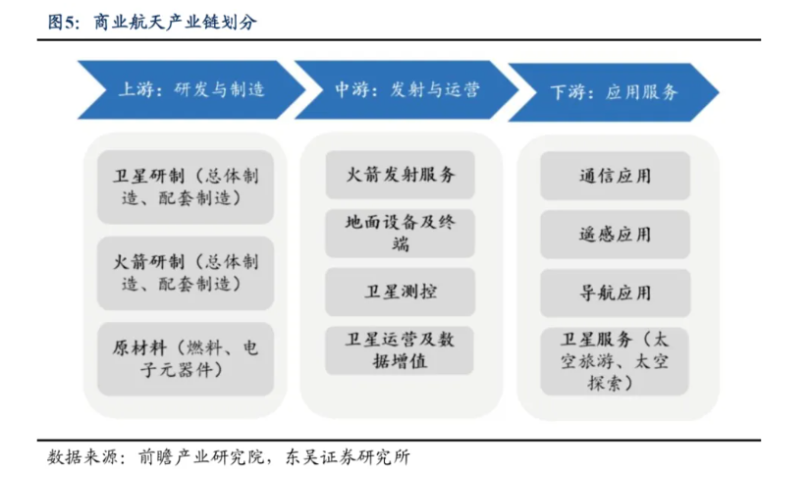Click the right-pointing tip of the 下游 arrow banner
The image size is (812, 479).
click(x=720, y=92)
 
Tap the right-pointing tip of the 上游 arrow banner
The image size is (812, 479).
click(x=306, y=89)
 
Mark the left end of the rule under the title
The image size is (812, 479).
click(x=37, y=39)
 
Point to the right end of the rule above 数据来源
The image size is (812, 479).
click(x=761, y=440)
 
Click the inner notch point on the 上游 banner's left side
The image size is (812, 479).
click(x=106, y=89)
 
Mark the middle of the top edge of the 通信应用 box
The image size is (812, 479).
click(x=616, y=152)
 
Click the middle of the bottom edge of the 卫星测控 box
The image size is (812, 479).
click(x=401, y=316)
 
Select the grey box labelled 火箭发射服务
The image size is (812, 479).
click(x=401, y=175)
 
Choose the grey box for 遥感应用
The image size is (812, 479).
click(x=616, y=235)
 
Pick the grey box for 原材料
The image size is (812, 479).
click(x=186, y=359)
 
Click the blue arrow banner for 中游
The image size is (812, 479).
click(x=406, y=89)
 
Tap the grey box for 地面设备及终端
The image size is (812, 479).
click(x=401, y=233)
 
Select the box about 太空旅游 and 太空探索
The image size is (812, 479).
click(x=615, y=361)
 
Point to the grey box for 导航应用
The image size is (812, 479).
click(x=616, y=293)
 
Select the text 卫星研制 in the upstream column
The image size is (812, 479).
click(x=148, y=176)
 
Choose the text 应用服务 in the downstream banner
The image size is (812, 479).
click(x=641, y=92)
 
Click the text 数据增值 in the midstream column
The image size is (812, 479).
click(x=400, y=361)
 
